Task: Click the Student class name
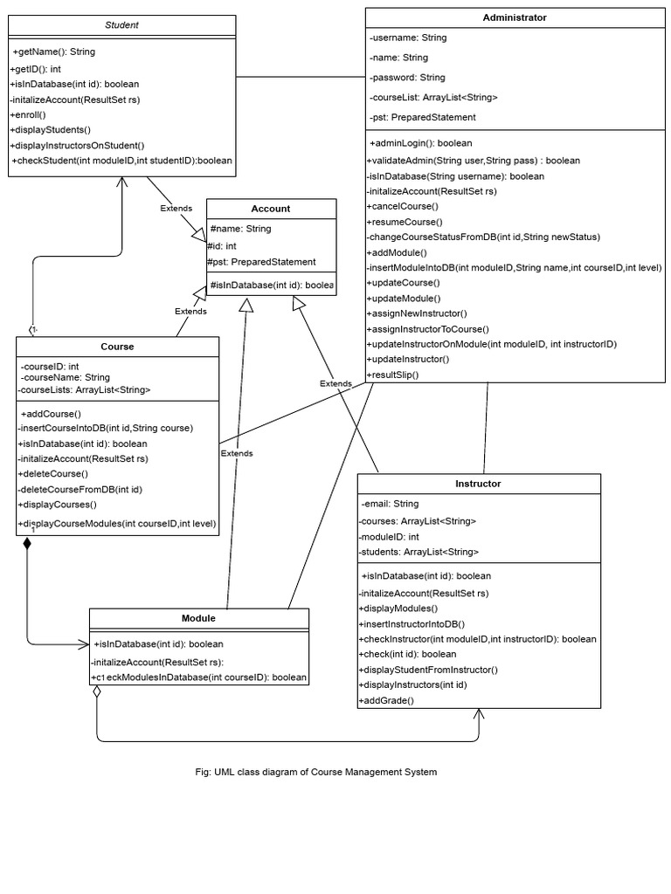click(x=121, y=25)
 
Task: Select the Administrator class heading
click(x=515, y=17)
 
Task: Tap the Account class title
click(x=271, y=209)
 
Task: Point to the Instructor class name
click(x=478, y=483)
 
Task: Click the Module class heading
click(x=198, y=618)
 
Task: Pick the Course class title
click(x=117, y=347)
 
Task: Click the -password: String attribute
click(x=407, y=78)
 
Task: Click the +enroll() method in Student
click(x=28, y=114)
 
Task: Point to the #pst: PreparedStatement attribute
click(x=261, y=262)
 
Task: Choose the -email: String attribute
click(x=390, y=504)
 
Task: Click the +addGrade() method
click(x=386, y=700)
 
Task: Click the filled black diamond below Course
click(x=27, y=544)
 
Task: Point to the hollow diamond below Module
click(x=97, y=691)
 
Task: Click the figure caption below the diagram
click(x=316, y=772)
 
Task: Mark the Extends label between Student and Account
click(x=176, y=208)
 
